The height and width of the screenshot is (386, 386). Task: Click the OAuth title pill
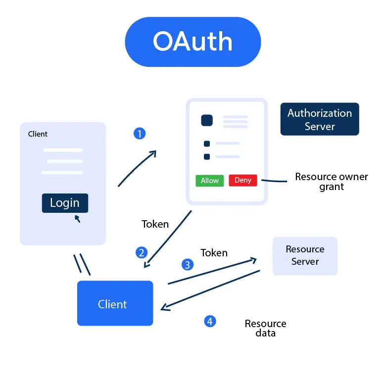point(193,42)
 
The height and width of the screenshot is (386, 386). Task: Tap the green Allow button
point(209,181)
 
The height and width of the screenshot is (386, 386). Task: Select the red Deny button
point(242,181)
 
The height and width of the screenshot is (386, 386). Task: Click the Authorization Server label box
point(319,119)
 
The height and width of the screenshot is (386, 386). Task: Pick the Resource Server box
point(305,256)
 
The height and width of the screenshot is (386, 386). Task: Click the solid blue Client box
point(115,303)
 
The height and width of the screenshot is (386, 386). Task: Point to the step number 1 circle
point(140,134)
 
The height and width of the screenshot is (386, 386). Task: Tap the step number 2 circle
point(142,253)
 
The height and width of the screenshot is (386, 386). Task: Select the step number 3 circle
point(187,265)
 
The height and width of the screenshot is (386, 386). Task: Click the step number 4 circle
point(210,321)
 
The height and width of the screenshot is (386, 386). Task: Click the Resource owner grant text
point(331,182)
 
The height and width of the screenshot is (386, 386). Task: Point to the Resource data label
point(265,328)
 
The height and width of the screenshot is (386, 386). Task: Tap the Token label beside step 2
point(155,224)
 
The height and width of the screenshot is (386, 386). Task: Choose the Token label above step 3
point(214,253)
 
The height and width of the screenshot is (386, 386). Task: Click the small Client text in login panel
point(38,134)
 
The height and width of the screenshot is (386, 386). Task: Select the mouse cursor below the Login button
point(77,218)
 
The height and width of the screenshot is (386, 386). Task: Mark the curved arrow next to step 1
point(137,169)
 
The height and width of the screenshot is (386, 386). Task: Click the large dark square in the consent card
point(206,120)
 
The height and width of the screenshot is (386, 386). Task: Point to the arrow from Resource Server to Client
point(210,290)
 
